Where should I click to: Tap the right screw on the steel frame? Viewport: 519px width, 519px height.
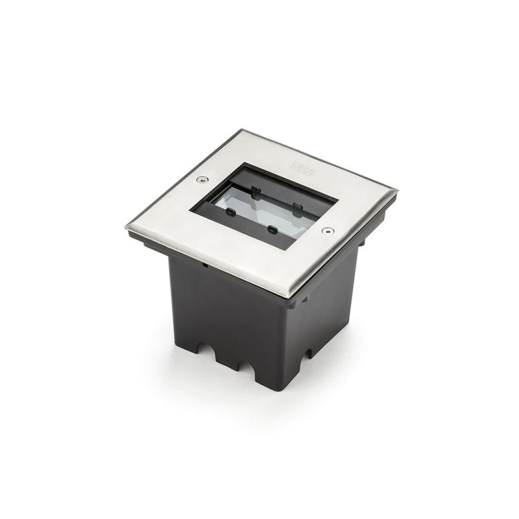(x=326, y=230)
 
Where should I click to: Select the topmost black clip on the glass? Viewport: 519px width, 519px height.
(x=256, y=191)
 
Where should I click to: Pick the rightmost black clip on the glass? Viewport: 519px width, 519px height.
(x=296, y=208)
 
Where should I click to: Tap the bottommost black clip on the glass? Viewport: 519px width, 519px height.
(x=272, y=229)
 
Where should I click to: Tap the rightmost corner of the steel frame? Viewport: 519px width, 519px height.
(x=396, y=191)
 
